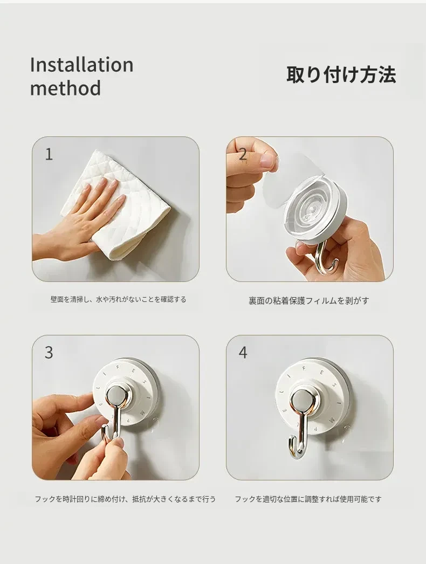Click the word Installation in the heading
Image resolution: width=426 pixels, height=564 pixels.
pyautogui.click(x=81, y=65)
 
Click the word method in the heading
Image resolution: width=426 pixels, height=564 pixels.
pyautogui.click(x=65, y=88)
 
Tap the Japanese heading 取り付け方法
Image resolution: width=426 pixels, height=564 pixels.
pyautogui.click(x=341, y=75)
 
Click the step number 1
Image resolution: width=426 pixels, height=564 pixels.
pyautogui.click(x=49, y=154)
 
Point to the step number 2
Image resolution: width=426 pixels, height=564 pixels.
pyautogui.click(x=243, y=154)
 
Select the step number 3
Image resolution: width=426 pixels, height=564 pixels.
pyautogui.click(x=49, y=353)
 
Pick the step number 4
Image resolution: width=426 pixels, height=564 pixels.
pyautogui.click(x=243, y=353)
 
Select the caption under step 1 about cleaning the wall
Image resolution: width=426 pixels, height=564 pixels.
pyautogui.click(x=119, y=299)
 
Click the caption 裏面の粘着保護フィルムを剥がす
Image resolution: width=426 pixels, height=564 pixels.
pyautogui.click(x=308, y=301)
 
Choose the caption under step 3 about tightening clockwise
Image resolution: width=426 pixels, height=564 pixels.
pyautogui.click(x=125, y=499)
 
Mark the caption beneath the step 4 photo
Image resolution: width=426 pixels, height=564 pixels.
pyautogui.click(x=308, y=499)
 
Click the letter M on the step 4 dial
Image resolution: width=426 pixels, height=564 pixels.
pyautogui.click(x=333, y=419)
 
